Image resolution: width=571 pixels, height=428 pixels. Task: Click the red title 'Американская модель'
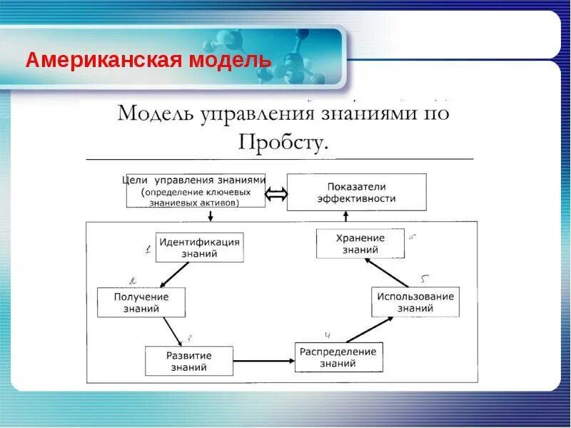click(148, 60)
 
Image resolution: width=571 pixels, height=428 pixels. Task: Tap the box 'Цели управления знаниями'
click(196, 190)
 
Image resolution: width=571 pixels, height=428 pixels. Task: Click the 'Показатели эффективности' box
click(356, 192)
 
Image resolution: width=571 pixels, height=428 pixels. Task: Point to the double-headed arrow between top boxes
click(276, 193)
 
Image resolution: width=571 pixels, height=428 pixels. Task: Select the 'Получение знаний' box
click(141, 302)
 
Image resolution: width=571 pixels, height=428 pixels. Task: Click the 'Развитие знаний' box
click(189, 361)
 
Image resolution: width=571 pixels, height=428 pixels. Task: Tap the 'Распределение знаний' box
click(338, 357)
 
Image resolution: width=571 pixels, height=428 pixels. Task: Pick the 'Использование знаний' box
click(415, 302)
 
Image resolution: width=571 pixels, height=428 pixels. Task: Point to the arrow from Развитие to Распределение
click(264, 362)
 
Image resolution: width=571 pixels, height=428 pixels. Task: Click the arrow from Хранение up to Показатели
click(345, 220)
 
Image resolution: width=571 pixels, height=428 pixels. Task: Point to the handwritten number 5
click(425, 278)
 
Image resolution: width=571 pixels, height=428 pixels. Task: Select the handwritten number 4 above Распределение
click(328, 335)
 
